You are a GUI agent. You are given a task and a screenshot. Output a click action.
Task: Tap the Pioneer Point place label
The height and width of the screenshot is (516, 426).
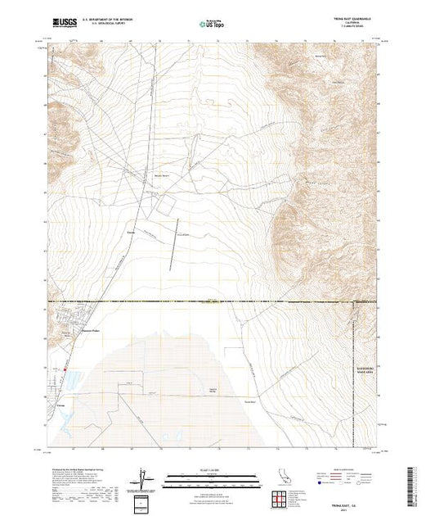(x=92, y=333)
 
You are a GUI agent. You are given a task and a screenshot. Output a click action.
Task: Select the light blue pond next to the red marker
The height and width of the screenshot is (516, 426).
(x=70, y=380)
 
